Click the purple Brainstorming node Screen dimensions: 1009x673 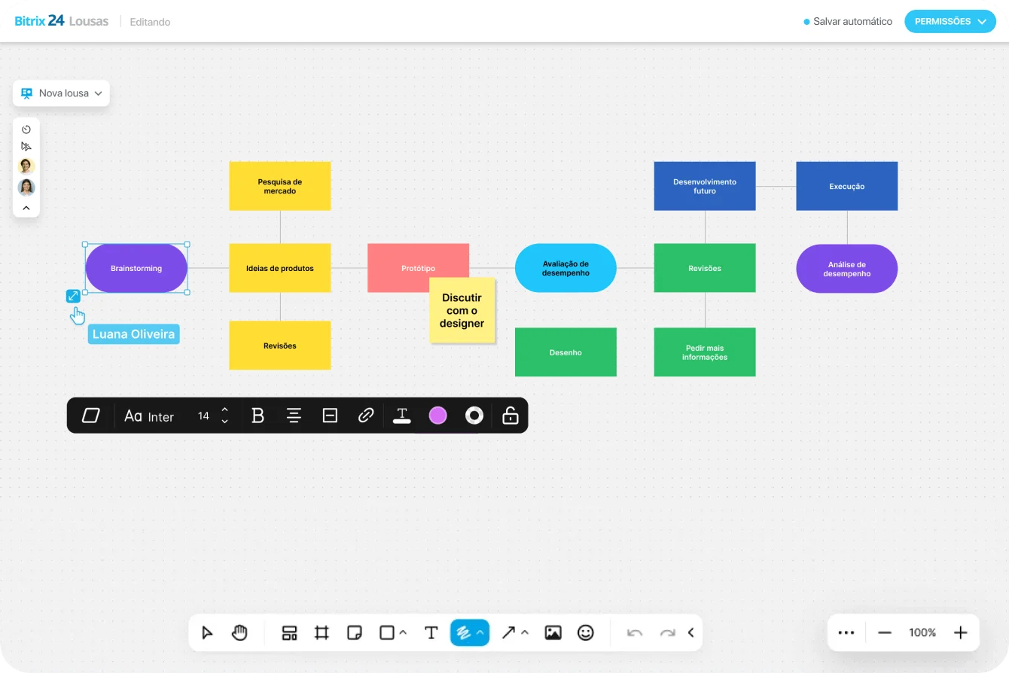coord(136,268)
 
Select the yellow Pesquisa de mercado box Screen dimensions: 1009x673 coord(279,186)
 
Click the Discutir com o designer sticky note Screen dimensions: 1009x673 coord(462,310)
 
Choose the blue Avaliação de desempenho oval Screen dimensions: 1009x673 coord(565,268)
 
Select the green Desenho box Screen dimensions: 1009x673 coord(565,352)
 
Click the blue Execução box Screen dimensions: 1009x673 coord(846,186)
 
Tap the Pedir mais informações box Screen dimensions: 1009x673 coord(705,352)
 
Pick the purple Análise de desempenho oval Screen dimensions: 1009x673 coord(846,269)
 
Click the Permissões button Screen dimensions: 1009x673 coord(950,21)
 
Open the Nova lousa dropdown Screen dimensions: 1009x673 coord(61,93)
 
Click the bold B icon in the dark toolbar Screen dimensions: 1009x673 coord(258,416)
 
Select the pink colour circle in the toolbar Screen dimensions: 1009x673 coord(437,416)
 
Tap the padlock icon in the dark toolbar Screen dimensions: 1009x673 coord(511,416)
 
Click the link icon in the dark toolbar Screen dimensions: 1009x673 coord(366,416)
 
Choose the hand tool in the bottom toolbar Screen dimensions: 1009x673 coord(239,632)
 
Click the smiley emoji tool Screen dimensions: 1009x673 coord(586,632)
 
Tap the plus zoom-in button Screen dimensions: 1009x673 coord(960,632)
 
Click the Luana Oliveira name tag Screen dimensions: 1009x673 coord(133,334)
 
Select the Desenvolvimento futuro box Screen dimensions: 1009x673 coord(705,186)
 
